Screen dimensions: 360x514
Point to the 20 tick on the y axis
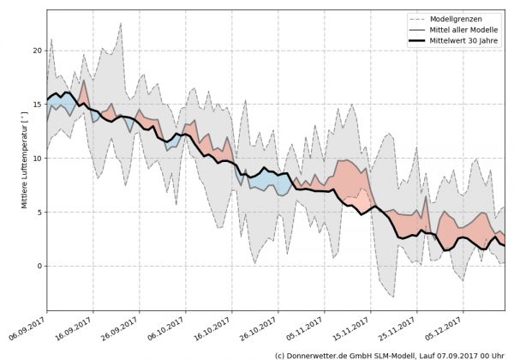click(37, 51)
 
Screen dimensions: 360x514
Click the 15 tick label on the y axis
click(37, 105)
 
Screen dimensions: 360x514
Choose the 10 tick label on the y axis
click(37, 159)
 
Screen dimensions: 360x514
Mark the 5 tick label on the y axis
click(39, 212)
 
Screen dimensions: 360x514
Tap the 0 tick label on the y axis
click(39, 266)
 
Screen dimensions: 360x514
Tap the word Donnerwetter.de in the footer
click(321, 354)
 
